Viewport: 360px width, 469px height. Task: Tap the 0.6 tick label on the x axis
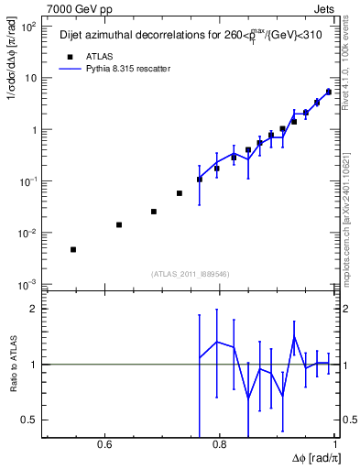click(x=104, y=444)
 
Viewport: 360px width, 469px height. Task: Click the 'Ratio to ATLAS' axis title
click(x=14, y=364)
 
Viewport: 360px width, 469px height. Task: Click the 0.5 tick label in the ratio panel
click(x=29, y=420)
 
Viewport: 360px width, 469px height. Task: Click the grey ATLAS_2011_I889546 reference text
click(x=190, y=273)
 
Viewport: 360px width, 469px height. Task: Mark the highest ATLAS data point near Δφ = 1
click(x=329, y=92)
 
